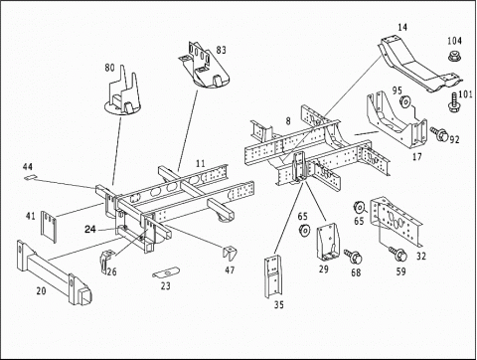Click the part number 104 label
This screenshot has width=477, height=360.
coord(454,41)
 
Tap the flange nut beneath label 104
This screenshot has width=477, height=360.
coord(454,56)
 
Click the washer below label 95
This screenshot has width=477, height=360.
coord(404,101)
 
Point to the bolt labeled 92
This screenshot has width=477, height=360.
coord(439,134)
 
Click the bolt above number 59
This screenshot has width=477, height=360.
coord(397,254)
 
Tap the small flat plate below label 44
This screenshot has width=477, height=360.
coord(30,177)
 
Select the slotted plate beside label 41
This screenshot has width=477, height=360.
coord(49,227)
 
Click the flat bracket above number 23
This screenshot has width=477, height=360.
coord(166,272)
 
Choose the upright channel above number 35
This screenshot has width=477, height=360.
coord(273,276)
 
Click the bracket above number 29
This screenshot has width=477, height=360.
coord(328,242)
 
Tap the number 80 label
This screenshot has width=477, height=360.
coord(109,68)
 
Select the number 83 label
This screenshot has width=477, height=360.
coord(221,50)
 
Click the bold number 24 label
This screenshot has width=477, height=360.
coord(90,229)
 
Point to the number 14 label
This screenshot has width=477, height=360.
coord(402,27)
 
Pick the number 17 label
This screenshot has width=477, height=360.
coord(417,156)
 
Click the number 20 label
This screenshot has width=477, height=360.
coord(41,291)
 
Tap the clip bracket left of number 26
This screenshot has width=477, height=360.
coord(106,262)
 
